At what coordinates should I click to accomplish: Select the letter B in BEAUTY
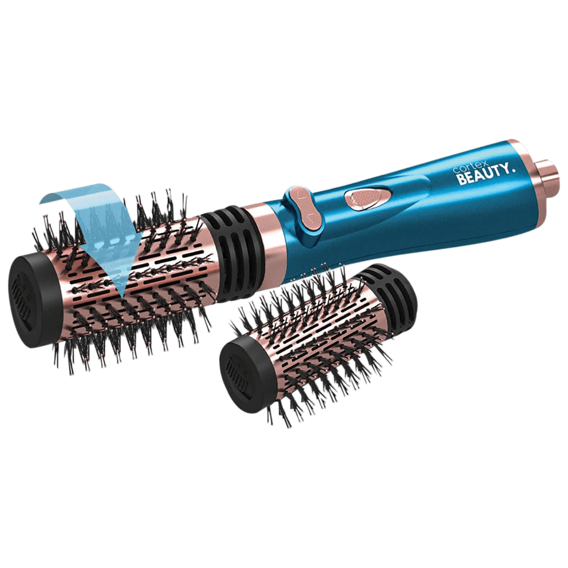point(462,180)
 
